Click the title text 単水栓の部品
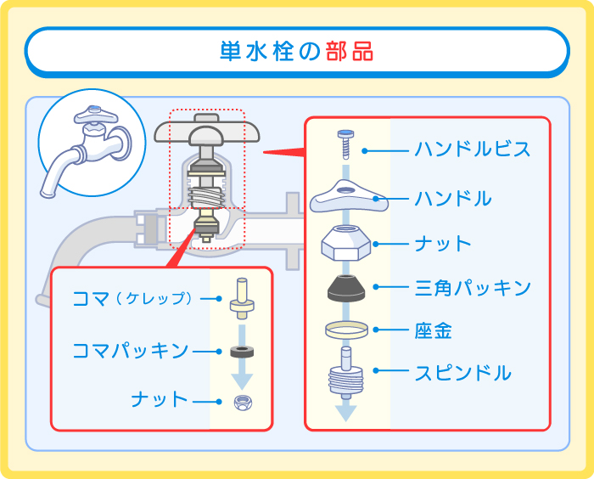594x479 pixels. tap(297, 51)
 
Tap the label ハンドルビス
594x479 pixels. tap(473, 150)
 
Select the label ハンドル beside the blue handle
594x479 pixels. tap(452, 200)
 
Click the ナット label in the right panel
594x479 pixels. tap(442, 244)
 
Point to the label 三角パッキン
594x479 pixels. tap(473, 288)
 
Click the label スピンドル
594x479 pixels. tap(462, 373)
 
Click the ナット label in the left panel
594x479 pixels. tap(159, 400)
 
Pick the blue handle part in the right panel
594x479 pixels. tap(348, 200)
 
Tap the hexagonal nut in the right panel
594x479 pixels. tap(346, 245)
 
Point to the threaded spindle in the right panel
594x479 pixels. tap(346, 373)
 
